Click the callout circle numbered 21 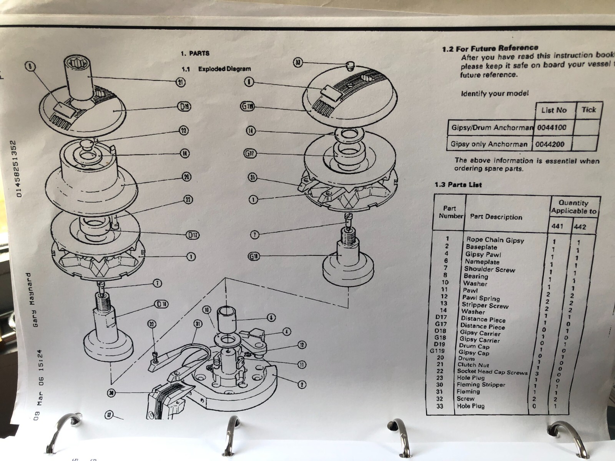pyautogui.click(x=180, y=81)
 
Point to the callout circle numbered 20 pyautogui.click(x=186, y=177)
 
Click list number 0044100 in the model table pyautogui.click(x=552, y=127)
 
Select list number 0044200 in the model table pyautogui.click(x=552, y=144)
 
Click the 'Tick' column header pyautogui.click(x=588, y=110)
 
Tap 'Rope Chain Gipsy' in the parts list pyautogui.click(x=495, y=240)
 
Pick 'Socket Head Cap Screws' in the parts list pyautogui.click(x=492, y=372)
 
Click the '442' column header pyautogui.click(x=580, y=227)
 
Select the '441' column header pyautogui.click(x=557, y=226)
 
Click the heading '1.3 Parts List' pyautogui.click(x=458, y=185)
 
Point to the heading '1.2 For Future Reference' pyautogui.click(x=490, y=48)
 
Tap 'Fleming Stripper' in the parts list pyautogui.click(x=481, y=385)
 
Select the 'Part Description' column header pyautogui.click(x=496, y=217)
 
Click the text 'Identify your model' pyautogui.click(x=495, y=93)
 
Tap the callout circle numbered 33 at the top pyautogui.click(x=298, y=62)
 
